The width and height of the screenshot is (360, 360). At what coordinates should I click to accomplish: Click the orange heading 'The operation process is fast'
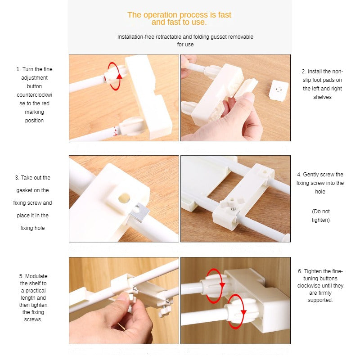[179, 15]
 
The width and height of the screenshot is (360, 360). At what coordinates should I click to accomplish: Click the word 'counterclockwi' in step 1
[35, 95]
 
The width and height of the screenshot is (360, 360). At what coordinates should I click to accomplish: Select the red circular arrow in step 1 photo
[115, 76]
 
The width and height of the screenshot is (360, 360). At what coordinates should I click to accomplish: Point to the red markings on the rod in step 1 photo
[116, 131]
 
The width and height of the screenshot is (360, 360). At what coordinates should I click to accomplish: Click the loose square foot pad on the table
[279, 90]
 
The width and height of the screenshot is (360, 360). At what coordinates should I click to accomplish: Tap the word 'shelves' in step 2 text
[322, 97]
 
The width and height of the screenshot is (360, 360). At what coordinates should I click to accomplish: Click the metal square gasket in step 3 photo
[139, 212]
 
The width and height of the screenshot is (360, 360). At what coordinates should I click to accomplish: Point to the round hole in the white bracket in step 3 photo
[124, 198]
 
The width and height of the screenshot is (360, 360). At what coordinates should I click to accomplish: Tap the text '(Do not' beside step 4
[321, 211]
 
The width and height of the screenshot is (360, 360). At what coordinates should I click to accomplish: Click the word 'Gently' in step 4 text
[311, 175]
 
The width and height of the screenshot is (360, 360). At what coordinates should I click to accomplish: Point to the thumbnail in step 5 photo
[122, 297]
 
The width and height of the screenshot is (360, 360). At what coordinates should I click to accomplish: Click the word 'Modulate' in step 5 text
[36, 276]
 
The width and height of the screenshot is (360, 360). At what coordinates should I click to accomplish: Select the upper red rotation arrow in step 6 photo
[215, 286]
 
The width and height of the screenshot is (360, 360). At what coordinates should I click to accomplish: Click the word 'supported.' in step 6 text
[320, 300]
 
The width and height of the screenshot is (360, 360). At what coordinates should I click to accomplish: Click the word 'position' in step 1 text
[34, 121]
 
